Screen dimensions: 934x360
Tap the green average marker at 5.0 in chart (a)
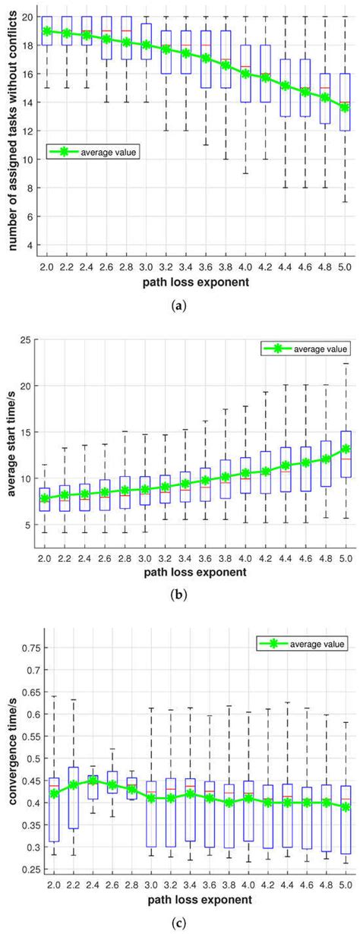pyautogui.click(x=346, y=107)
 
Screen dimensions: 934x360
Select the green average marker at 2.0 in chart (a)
pyautogui.click(x=47, y=31)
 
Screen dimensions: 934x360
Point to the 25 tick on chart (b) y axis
pyautogui.click(x=30, y=339)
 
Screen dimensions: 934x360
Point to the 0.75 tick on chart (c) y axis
pyautogui.click(x=27, y=649)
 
